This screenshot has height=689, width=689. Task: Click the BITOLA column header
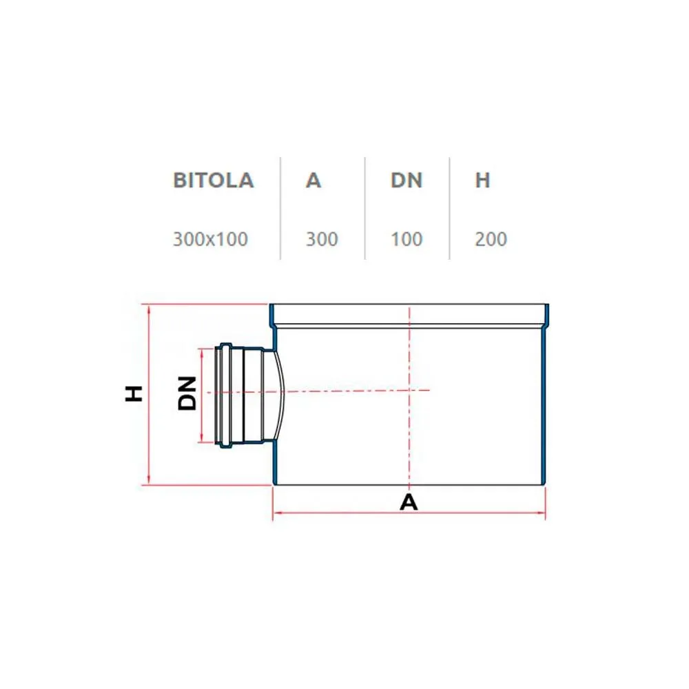coord(214,180)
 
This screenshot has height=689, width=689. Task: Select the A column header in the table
coord(313,180)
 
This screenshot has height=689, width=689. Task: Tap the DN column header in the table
coord(407,180)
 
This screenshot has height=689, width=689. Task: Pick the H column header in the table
coord(482,180)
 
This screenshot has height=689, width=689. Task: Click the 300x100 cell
coord(210,239)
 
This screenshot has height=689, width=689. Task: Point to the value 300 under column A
coord(322,239)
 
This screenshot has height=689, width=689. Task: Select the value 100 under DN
coord(407,239)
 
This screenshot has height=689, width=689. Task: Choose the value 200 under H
coord(491,239)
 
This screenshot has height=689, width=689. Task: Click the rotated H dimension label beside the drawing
coord(134,393)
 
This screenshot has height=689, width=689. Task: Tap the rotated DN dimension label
coord(187,393)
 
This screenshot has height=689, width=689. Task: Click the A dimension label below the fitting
coord(409,502)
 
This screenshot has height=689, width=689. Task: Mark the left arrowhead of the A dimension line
coord(277,513)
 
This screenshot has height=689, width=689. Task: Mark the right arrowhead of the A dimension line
coord(541,513)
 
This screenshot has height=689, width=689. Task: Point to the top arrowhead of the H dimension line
coord(149,309)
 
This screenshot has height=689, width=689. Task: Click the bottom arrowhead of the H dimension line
coord(149,480)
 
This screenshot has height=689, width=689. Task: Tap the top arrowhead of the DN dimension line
coord(202,353)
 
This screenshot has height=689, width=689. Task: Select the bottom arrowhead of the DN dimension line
coord(202,438)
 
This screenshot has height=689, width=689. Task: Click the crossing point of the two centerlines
coord(409,390)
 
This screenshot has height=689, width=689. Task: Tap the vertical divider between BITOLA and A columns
coord(280,208)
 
